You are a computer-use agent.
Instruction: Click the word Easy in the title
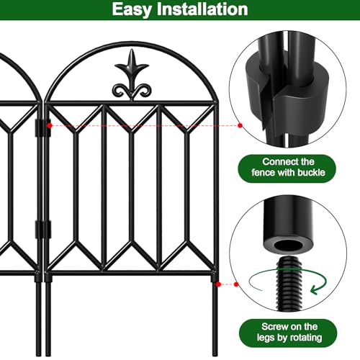click(x=132, y=10)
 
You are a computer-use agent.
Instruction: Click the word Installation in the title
click(x=202, y=9)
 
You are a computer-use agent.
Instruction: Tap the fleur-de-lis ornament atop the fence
click(x=132, y=75)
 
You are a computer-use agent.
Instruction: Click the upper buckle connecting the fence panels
click(x=42, y=128)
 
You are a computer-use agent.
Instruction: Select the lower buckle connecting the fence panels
click(x=42, y=230)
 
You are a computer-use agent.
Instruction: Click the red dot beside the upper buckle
click(x=50, y=125)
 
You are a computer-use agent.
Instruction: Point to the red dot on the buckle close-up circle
click(x=240, y=125)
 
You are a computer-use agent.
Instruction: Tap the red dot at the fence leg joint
click(x=218, y=284)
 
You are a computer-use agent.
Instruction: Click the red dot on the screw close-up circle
click(x=236, y=284)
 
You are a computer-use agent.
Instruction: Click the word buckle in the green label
click(x=311, y=173)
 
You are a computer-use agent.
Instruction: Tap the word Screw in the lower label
click(x=274, y=327)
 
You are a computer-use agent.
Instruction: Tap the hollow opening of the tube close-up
click(x=289, y=246)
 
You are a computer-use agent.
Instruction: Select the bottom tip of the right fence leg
click(x=215, y=356)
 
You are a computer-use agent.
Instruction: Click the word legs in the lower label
click(x=266, y=338)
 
